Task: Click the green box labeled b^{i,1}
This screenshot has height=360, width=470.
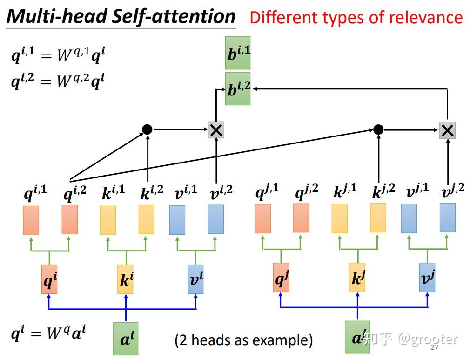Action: (x=238, y=53)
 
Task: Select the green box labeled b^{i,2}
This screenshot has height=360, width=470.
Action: (x=238, y=89)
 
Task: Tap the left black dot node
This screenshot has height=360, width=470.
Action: (x=147, y=129)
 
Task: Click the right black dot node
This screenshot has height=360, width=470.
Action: (x=378, y=129)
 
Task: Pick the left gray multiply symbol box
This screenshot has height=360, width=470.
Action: (x=216, y=130)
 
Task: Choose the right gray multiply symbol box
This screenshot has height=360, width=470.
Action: (x=447, y=130)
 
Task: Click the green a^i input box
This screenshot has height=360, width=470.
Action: (x=126, y=339)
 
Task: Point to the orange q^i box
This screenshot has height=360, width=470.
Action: (x=49, y=279)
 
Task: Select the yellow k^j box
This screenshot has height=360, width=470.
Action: (x=357, y=278)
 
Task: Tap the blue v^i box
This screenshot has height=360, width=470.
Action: (x=195, y=279)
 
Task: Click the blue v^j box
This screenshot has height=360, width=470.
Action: (x=427, y=278)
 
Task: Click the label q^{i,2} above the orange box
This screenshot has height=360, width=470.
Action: (x=75, y=193)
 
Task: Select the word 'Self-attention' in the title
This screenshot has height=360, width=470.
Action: (x=173, y=16)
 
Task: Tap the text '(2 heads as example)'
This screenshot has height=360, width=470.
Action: (x=244, y=340)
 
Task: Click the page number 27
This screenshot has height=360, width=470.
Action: (x=435, y=347)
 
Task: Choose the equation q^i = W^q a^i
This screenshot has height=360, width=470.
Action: (x=48, y=333)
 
